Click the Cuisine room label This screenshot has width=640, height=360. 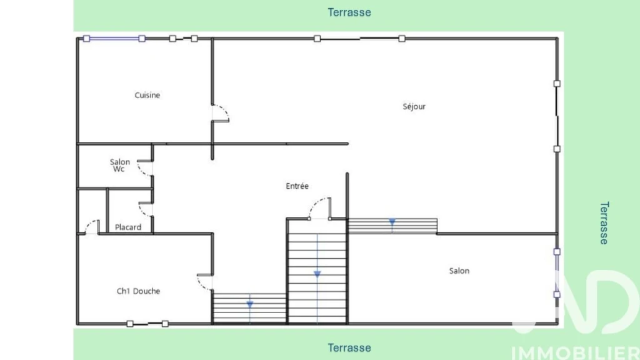(147, 95)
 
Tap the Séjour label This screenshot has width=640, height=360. (414, 106)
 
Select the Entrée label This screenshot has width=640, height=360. (297, 186)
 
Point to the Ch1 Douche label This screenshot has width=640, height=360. (138, 291)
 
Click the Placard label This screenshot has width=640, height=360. (128, 227)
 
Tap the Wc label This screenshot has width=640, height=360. (119, 169)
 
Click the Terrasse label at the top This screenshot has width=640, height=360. (349, 12)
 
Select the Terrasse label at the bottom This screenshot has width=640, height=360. (349, 347)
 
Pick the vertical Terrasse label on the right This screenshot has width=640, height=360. (604, 223)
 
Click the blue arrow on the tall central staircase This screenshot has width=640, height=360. (317, 274)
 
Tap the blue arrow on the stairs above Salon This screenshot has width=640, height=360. (392, 222)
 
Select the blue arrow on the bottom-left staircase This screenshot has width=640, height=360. (250, 304)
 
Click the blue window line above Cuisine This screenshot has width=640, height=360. (114, 39)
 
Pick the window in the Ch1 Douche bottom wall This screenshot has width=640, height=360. (147, 324)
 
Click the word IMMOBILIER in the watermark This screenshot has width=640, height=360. (575, 353)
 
